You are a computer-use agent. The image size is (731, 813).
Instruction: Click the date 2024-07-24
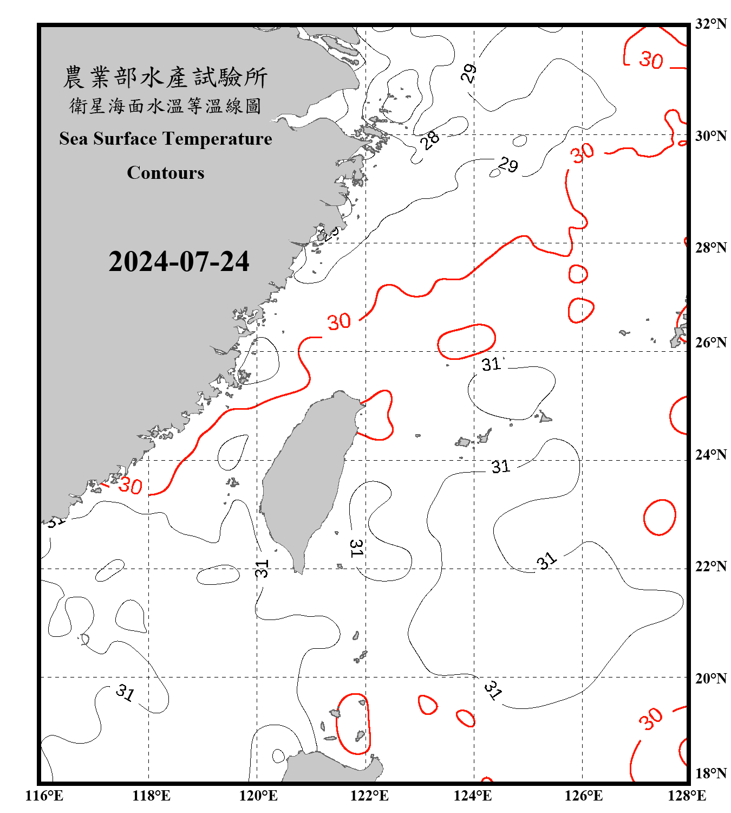pos(179,262)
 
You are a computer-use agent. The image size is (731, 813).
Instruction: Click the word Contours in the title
pos(166,172)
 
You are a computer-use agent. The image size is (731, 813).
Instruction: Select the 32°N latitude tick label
pos(711,24)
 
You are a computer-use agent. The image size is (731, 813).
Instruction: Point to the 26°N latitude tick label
pos(711,343)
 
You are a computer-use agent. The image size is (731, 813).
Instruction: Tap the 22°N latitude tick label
pos(711,566)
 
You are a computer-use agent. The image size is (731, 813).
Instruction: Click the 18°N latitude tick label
pos(711,773)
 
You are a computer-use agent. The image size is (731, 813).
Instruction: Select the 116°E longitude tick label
pos(44,796)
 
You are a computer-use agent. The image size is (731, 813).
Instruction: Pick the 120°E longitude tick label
pos(258,796)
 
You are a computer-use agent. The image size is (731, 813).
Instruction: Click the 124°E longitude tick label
pos(473,796)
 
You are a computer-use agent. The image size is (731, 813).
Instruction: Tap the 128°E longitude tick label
pos(687,796)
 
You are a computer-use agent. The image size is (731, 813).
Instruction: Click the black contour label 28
pos(430,140)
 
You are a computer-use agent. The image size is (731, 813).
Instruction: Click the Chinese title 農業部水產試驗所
pos(165,77)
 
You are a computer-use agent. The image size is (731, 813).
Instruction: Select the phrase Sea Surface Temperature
pos(166,139)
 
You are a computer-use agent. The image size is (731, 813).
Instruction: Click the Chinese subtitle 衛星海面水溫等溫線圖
pos(165,106)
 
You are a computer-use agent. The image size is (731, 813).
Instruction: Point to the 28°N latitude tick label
pos(711,248)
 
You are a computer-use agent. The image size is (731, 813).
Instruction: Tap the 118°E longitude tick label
pos(151,796)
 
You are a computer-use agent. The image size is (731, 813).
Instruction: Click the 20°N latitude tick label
pos(711,678)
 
